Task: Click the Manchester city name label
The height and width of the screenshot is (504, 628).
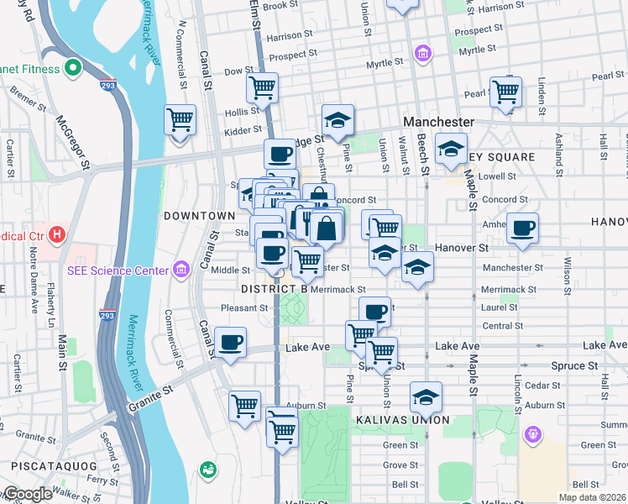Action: pyautogui.click(x=438, y=122)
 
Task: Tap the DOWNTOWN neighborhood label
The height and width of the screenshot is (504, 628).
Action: pyautogui.click(x=199, y=216)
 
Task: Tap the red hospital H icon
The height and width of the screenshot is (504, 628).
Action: pyautogui.click(x=57, y=233)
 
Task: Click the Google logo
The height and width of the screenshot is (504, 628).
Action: pyautogui.click(x=27, y=494)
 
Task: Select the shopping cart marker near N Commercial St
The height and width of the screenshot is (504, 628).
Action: pyautogui.click(x=181, y=120)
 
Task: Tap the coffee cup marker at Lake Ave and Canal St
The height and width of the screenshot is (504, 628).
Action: pyautogui.click(x=230, y=342)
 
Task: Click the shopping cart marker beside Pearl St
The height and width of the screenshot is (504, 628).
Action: pyautogui.click(x=506, y=92)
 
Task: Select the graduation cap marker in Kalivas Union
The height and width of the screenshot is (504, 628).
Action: pyautogui.click(x=426, y=396)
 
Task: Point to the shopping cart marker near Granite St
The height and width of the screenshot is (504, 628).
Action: pyautogui.click(x=244, y=407)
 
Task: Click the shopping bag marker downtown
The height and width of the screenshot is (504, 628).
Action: pyautogui.click(x=327, y=227)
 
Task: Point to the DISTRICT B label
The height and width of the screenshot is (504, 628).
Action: pyautogui.click(x=275, y=289)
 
